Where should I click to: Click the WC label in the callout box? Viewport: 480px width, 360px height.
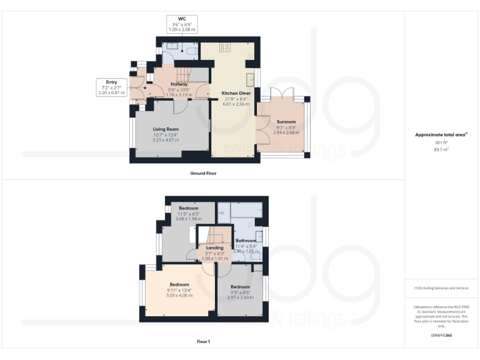click(x=182, y=19)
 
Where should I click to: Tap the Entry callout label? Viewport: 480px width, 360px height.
click(x=111, y=82)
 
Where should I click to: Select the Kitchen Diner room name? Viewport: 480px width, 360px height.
click(x=236, y=93)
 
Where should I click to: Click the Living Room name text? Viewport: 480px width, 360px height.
click(x=166, y=129)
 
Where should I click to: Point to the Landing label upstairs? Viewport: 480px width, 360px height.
click(x=214, y=247)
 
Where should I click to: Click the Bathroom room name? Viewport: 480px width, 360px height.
click(x=246, y=241)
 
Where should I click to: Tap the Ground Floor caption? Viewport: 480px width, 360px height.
click(x=204, y=173)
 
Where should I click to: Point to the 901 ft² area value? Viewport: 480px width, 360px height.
click(x=441, y=142)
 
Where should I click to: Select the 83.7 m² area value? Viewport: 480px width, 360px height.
click(x=441, y=150)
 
